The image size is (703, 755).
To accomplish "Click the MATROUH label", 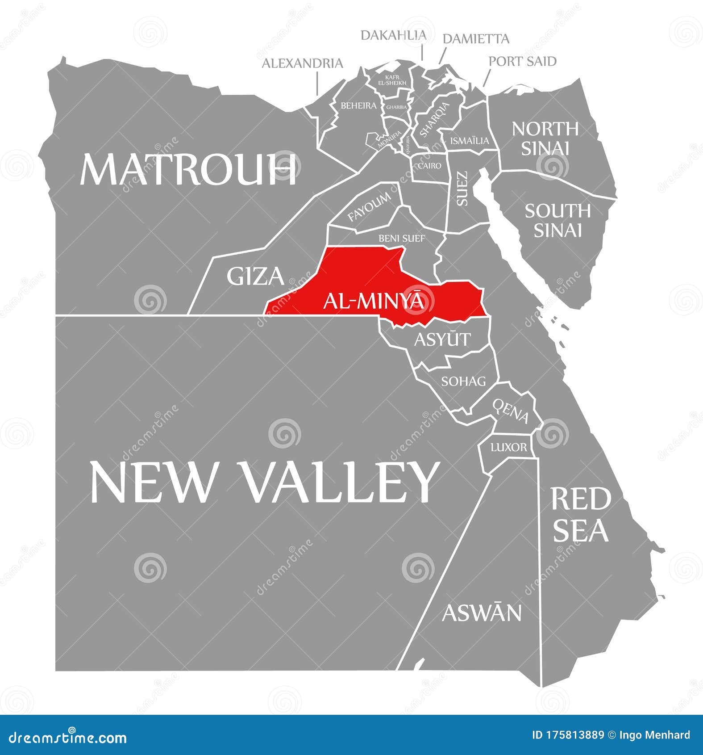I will [x=188, y=169].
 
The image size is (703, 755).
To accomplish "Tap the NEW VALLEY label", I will [x=263, y=482].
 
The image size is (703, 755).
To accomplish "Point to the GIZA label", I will [x=255, y=276].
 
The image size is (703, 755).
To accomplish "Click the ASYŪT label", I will [x=442, y=339].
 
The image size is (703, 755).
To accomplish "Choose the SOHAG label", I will [x=463, y=381].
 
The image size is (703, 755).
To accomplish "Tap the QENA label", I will [x=511, y=410].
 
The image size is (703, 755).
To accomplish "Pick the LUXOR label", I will [x=508, y=447].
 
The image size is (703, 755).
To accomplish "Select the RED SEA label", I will [x=580, y=514].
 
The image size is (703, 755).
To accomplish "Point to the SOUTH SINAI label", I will [x=557, y=220].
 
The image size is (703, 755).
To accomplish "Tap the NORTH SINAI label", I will [x=545, y=138].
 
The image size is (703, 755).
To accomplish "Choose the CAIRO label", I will [x=429, y=166].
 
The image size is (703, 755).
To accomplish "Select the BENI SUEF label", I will [x=402, y=239].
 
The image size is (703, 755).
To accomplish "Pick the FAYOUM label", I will [x=369, y=207].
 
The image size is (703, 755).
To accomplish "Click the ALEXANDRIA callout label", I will [x=302, y=63].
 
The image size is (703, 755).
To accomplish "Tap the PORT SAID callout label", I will [x=522, y=61].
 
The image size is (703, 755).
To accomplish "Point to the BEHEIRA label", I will [x=358, y=106].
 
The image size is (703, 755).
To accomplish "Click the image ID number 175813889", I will [x=575, y=735].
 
